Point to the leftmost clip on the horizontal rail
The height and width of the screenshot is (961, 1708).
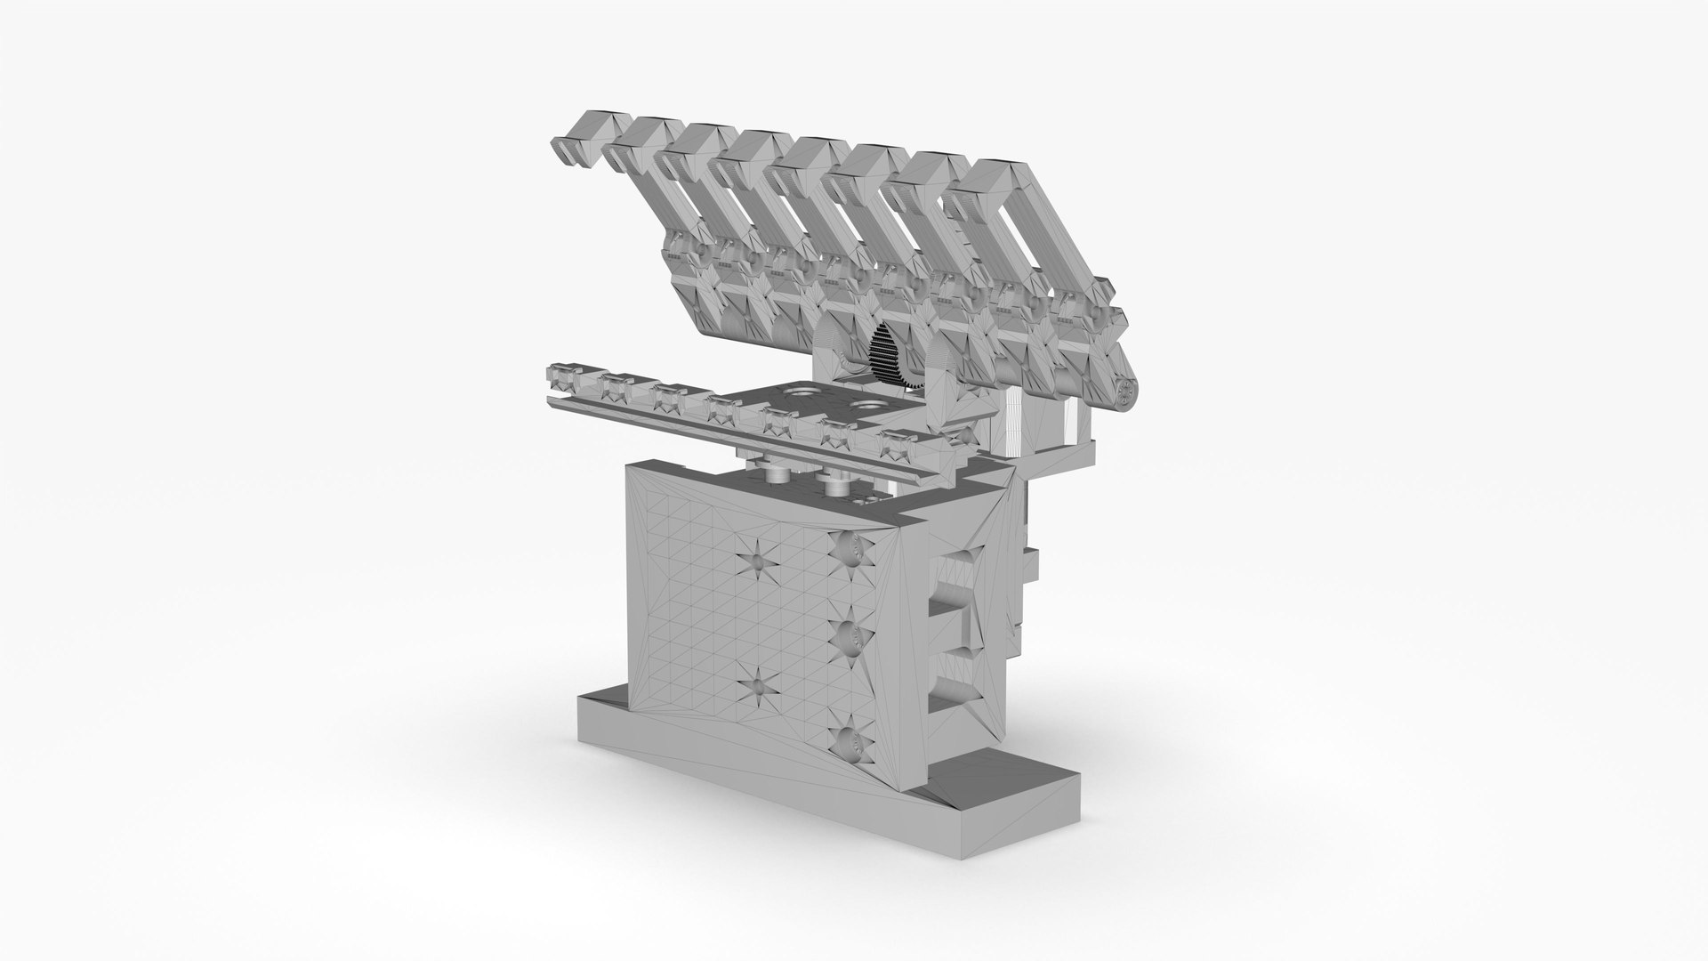pos(563,378)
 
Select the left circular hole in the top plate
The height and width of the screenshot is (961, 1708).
pos(799,392)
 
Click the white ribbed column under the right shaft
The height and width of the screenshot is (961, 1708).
pos(1013,423)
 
